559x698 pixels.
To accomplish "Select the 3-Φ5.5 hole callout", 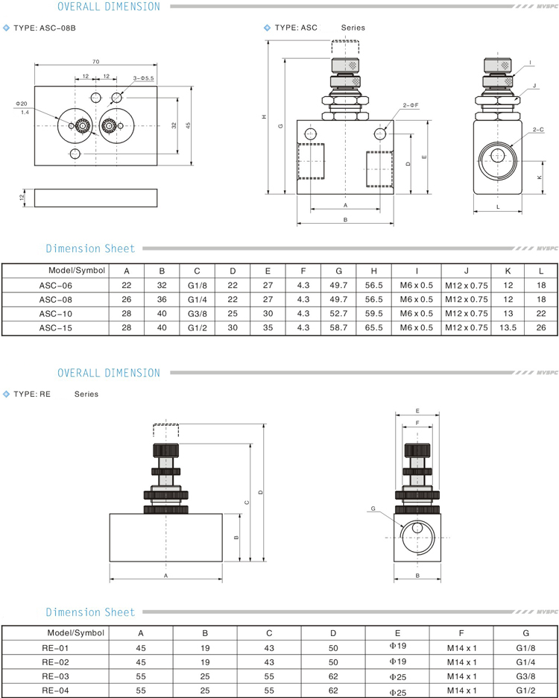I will pos(143,78).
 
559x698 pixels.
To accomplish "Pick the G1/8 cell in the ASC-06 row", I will pos(197,284).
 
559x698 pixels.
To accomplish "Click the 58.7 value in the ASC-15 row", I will pos(339,327).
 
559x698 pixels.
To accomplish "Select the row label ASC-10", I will pos(56,312).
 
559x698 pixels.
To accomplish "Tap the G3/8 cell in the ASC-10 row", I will pos(197,312).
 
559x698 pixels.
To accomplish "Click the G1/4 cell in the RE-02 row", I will pos(525,661).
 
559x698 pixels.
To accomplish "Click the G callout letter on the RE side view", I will pos(372,509).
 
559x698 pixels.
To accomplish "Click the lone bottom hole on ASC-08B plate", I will pos(75,154).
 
